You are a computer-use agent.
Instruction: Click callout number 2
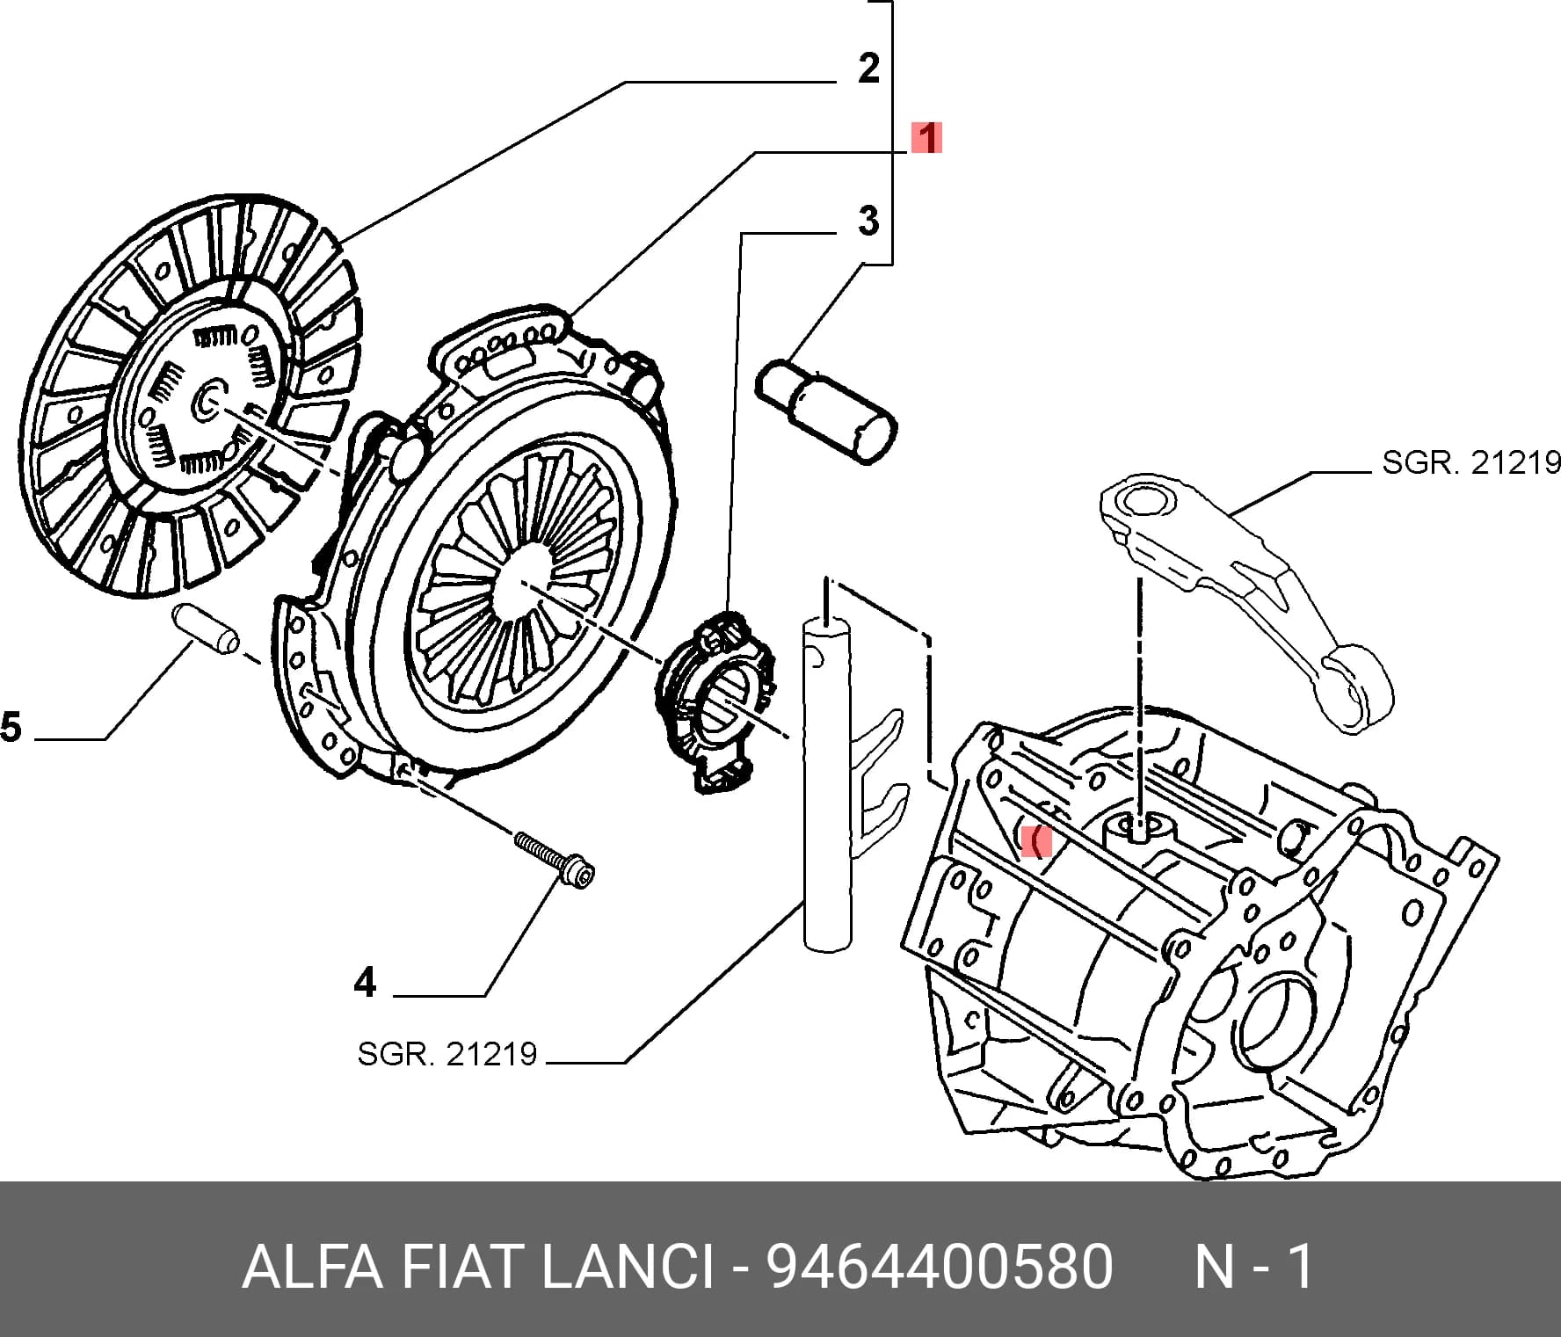point(868,69)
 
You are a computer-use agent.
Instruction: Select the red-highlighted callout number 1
point(926,138)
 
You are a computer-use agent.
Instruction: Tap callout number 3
point(868,222)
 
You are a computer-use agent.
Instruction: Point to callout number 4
point(366,982)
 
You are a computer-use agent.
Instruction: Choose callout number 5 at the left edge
point(11,728)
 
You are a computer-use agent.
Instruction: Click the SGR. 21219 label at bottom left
point(447,1053)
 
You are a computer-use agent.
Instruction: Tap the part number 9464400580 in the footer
point(940,1267)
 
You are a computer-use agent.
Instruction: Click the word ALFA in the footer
point(312,1267)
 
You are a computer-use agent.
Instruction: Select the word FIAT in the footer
point(461,1267)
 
